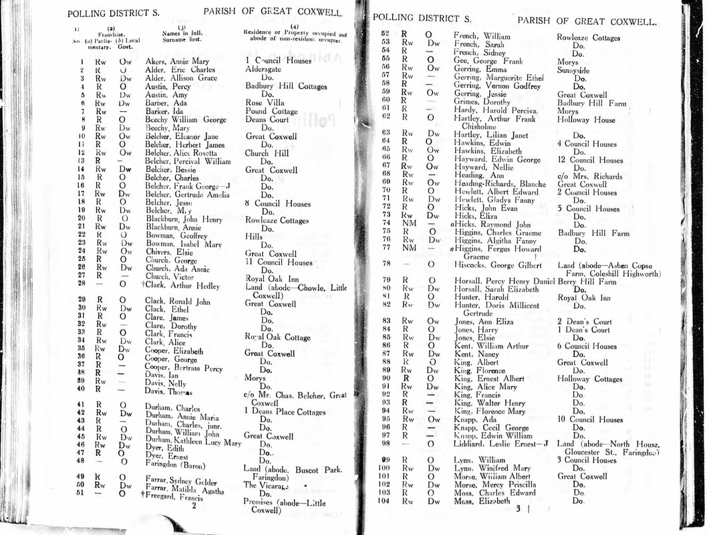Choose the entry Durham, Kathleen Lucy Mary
[193, 443]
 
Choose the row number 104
[383, 501]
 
